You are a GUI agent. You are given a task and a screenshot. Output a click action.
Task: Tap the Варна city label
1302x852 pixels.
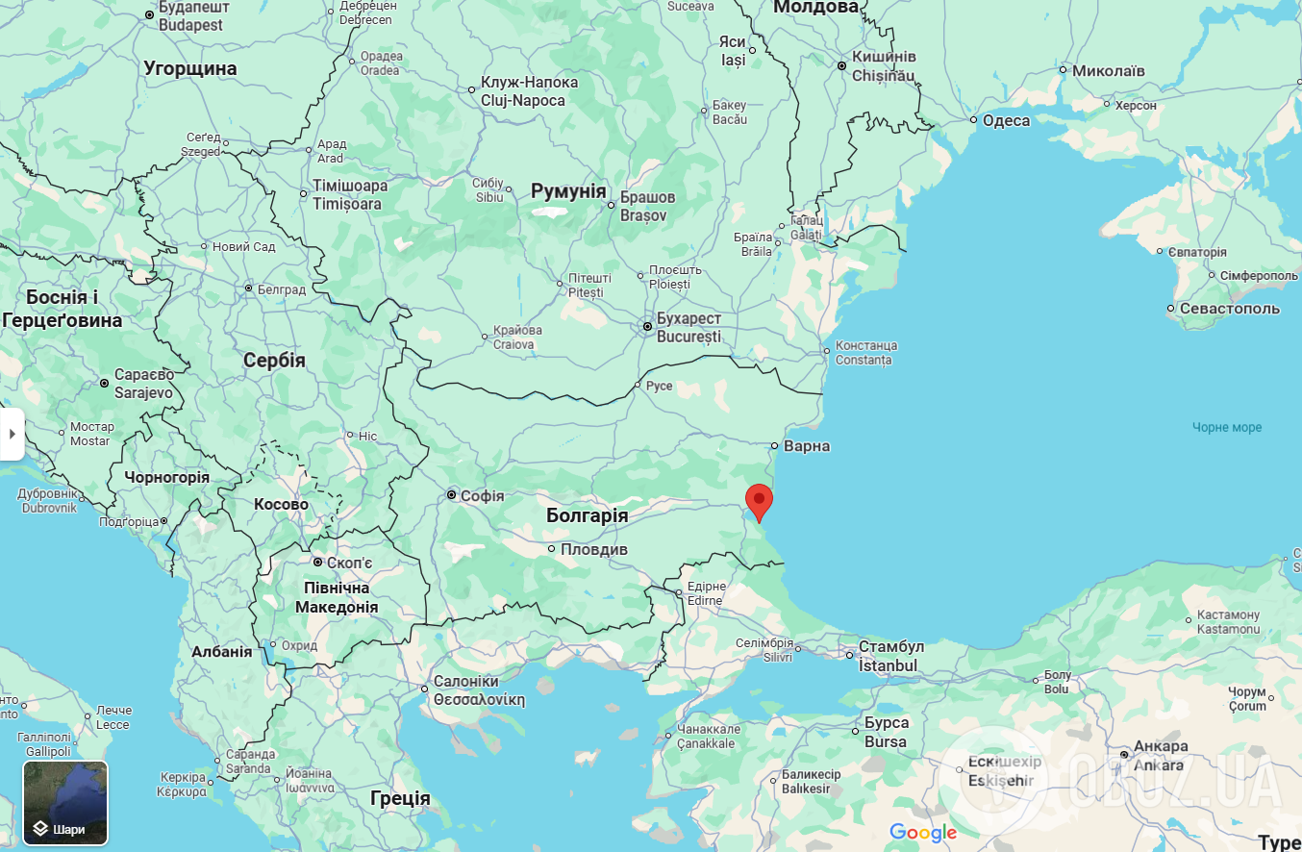[806, 446]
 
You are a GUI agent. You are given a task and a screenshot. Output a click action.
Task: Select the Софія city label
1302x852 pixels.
[482, 496]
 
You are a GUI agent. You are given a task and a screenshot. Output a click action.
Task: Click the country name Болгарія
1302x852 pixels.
[587, 515]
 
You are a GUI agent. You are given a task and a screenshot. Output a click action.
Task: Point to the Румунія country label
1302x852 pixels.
[568, 190]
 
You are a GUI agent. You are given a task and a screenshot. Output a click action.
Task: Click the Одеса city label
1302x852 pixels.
[1006, 120]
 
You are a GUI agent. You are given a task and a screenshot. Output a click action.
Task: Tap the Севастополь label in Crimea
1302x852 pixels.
[1230, 308]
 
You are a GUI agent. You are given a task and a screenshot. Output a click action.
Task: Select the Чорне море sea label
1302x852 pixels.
[1226, 427]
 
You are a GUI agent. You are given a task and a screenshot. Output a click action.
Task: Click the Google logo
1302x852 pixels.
[922, 832]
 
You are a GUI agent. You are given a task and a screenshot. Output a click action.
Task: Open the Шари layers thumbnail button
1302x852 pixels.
[65, 802]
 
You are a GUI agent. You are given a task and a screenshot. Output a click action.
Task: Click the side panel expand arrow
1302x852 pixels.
[12, 434]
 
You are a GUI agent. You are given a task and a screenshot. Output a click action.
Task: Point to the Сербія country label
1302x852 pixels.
[274, 361]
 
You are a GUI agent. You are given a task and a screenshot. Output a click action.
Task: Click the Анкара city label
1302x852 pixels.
[1161, 745]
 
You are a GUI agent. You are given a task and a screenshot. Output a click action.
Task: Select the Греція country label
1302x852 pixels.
[400, 797]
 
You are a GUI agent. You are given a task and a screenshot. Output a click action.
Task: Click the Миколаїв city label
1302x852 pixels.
[1108, 70]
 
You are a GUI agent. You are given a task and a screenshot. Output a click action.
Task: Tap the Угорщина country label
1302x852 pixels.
[189, 68]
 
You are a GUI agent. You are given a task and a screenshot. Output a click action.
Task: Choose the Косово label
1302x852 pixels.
[281, 504]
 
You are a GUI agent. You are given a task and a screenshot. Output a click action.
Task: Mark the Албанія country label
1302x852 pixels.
[221, 651]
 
